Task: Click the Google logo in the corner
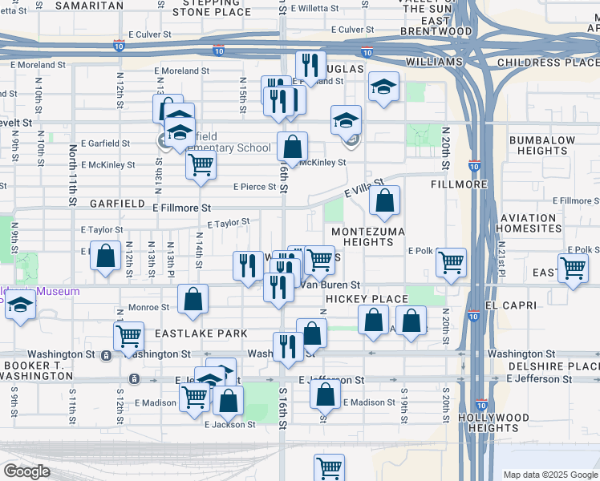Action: [27, 471]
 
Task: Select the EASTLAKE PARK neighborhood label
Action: [189, 332]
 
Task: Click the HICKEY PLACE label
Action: [367, 299]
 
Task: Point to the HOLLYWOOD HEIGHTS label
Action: [494, 423]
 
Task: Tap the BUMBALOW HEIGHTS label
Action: [542, 145]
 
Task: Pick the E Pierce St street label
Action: [254, 187]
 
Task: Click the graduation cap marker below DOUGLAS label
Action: [384, 86]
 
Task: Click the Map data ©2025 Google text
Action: [549, 475]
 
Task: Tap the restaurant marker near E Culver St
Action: [310, 65]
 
